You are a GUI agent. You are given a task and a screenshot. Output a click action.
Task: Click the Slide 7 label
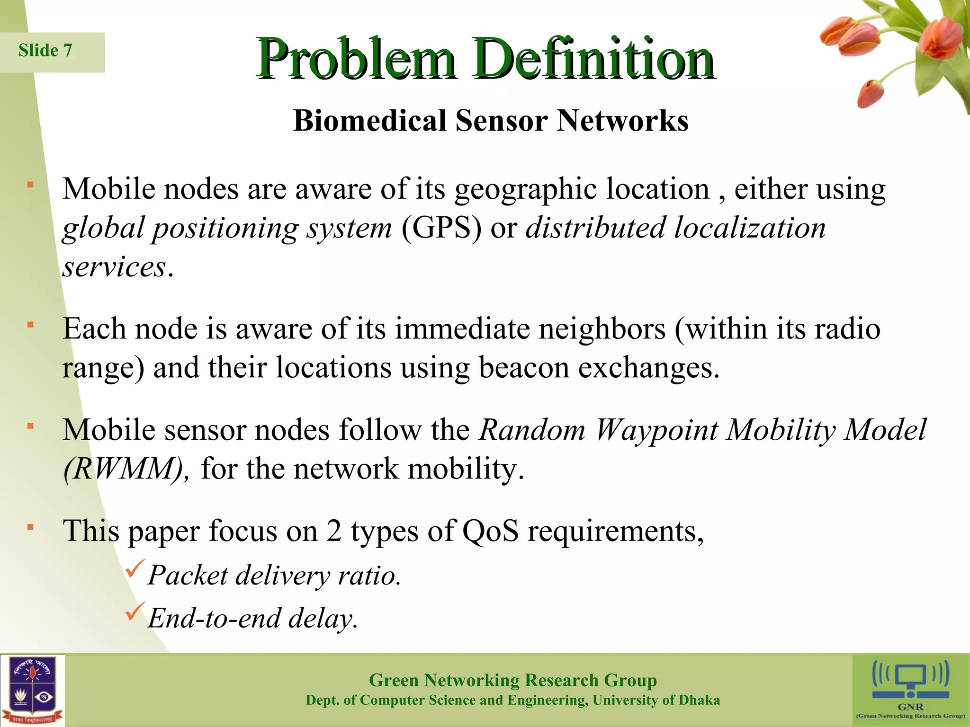coord(45,50)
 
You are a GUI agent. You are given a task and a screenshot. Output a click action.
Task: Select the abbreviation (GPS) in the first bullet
coord(441,228)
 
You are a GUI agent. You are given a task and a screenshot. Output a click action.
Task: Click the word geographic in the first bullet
coord(525,190)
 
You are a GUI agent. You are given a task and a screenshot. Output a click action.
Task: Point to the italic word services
coord(115,267)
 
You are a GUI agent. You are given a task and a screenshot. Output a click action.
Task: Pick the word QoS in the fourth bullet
coord(490,531)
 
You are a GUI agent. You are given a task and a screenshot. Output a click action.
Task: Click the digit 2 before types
coord(334,531)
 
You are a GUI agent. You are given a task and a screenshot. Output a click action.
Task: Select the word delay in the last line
coord(322,618)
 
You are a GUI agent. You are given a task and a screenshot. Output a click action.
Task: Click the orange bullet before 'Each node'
coord(30,325)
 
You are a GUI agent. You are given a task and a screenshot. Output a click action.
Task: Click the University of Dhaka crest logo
coord(32,691)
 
